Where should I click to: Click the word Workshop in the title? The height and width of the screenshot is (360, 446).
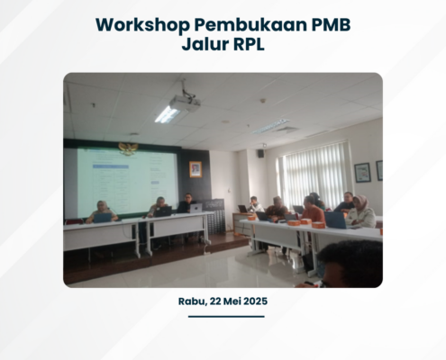(142, 25)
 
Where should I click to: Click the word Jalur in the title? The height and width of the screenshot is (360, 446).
(205, 44)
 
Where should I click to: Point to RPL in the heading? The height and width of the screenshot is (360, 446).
(249, 44)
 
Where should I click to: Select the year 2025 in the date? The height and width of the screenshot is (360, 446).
(255, 301)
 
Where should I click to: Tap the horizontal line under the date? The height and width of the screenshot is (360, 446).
(226, 317)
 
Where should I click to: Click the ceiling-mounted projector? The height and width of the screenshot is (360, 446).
(184, 103)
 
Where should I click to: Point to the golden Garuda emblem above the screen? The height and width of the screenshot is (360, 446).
(128, 148)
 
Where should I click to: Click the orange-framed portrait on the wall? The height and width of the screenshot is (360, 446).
(196, 169)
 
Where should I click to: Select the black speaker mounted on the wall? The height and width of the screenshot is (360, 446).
(260, 154)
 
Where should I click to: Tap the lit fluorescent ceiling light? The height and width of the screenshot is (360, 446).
(167, 114)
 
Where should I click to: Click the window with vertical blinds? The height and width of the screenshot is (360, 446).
(314, 173)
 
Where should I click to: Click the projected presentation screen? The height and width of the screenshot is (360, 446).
(127, 181)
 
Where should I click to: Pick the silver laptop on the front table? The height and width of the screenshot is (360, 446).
(196, 208)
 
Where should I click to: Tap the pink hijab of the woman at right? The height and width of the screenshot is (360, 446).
(361, 202)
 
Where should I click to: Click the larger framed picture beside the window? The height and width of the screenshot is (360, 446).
(362, 173)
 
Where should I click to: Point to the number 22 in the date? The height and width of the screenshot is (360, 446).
(215, 301)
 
